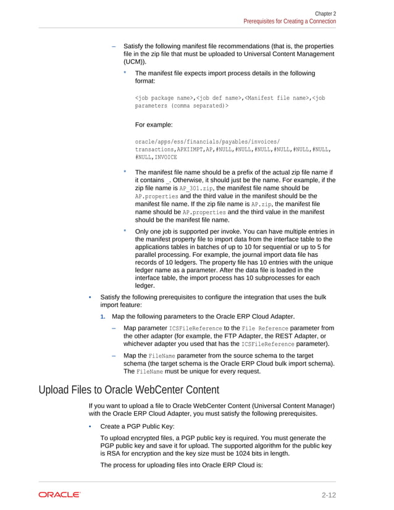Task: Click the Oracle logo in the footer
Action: [x=59, y=495]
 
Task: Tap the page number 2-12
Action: [x=328, y=495]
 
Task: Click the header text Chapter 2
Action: [x=325, y=13]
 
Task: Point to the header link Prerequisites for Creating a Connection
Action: [x=290, y=21]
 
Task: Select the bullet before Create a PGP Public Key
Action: [x=90, y=427]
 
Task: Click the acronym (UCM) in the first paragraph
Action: [x=135, y=62]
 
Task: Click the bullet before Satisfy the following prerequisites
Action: [x=90, y=296]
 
